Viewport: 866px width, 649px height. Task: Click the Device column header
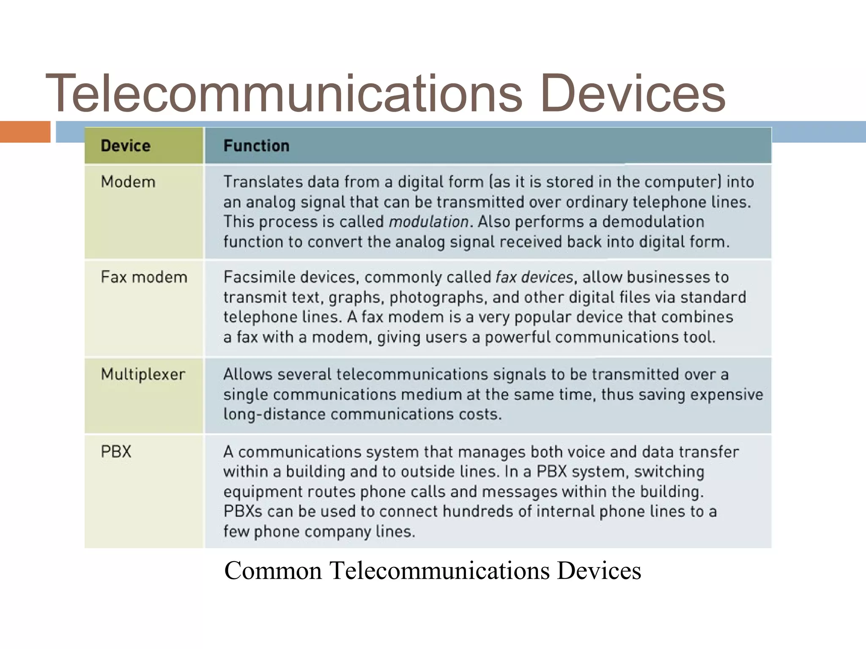point(126,146)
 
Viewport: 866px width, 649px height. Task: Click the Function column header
point(256,146)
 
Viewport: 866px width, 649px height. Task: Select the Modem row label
point(128,182)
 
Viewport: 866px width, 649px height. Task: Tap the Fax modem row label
point(144,277)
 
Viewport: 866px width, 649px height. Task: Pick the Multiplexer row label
point(143,374)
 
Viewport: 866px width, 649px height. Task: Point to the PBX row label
point(116,452)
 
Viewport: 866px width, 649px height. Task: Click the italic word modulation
point(428,222)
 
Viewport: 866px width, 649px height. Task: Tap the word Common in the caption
point(273,570)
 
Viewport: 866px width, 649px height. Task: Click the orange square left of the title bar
point(25,131)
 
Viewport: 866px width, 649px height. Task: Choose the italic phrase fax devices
point(534,277)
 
